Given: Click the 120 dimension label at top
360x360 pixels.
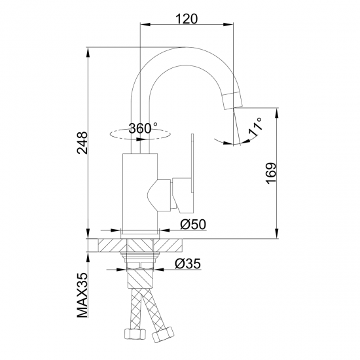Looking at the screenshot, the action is click(x=187, y=19).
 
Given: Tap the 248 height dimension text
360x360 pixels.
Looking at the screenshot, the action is click(x=82, y=143).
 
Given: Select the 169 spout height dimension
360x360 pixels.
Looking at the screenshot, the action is click(x=271, y=173).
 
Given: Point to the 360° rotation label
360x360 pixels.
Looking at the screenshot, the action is click(x=143, y=128).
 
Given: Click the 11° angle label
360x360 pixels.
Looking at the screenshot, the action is click(x=255, y=127).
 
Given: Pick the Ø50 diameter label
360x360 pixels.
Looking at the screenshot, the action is click(x=193, y=225).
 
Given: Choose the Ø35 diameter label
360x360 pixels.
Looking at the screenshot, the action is click(x=188, y=264).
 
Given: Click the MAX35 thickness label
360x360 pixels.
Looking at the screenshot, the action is click(x=82, y=295).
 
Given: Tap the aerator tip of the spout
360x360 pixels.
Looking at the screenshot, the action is click(x=233, y=100).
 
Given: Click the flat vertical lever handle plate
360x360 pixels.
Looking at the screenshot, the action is click(x=192, y=163).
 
